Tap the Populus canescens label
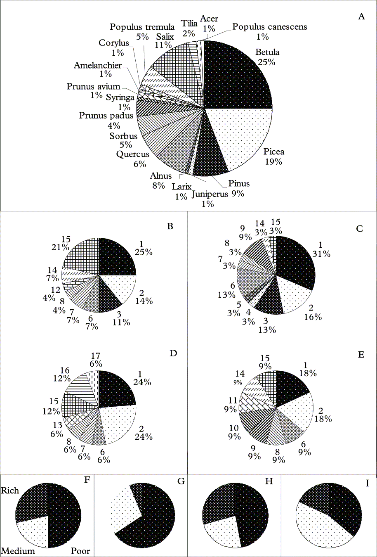pos(270,27)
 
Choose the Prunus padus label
pos(106,116)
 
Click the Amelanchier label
pos(98,65)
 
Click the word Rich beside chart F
pos(10,491)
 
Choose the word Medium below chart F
pos(18,551)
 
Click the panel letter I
pos(367,482)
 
